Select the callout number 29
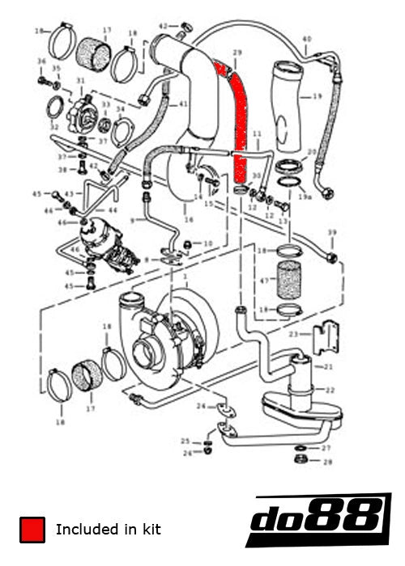(x=237, y=53)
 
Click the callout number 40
(x=306, y=39)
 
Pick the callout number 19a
(x=305, y=196)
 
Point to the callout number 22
(x=330, y=389)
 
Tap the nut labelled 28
(x=300, y=459)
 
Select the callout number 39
(x=331, y=233)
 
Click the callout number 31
(x=80, y=81)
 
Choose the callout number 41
(x=183, y=104)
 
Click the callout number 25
(x=185, y=441)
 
